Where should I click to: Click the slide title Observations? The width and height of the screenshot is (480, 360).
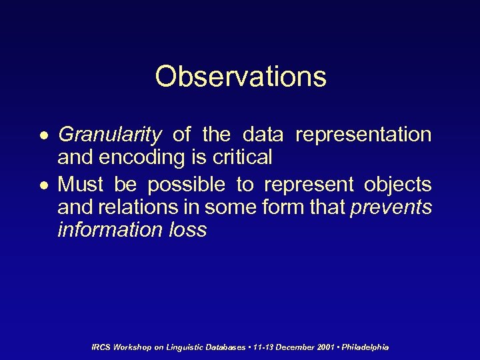[241, 77]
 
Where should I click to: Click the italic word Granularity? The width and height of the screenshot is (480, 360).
[110, 135]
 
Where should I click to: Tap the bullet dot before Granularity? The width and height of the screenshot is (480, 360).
[42, 136]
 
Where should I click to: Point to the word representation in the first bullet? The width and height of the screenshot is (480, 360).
[363, 135]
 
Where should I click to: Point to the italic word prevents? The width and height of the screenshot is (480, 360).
[391, 207]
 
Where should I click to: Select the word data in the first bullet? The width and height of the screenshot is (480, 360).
[263, 135]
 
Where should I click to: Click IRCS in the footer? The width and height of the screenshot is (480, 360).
[101, 347]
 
